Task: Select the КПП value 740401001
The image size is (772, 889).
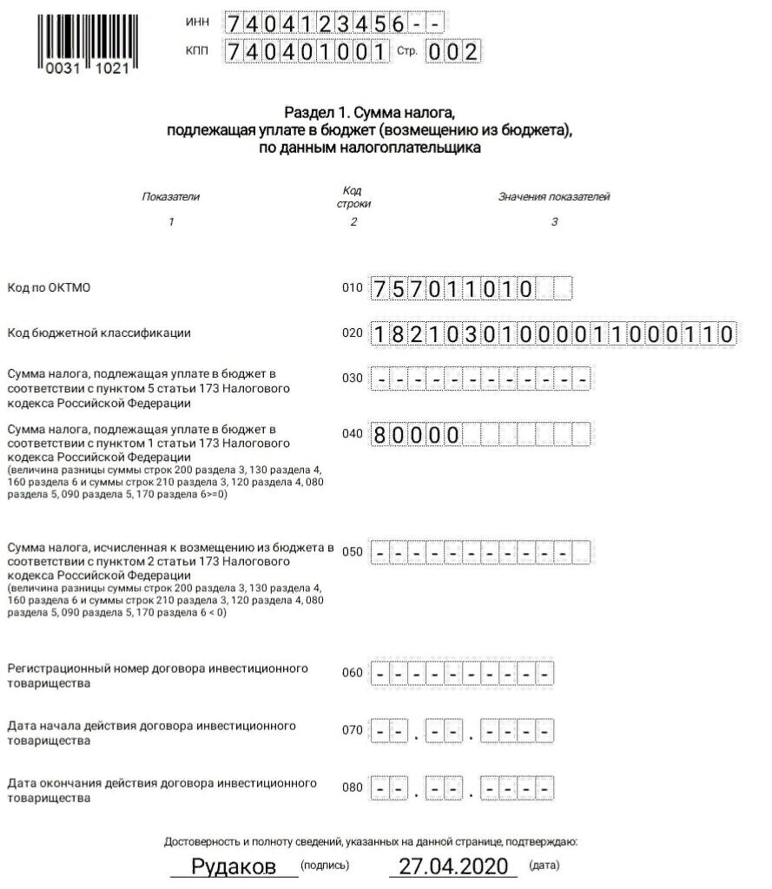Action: point(306,51)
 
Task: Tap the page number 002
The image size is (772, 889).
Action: point(452,51)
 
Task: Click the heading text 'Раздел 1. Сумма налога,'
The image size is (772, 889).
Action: point(370,113)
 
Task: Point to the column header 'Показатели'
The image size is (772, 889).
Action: point(171,197)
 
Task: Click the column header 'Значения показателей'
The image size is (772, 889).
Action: point(554,197)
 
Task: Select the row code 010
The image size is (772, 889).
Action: point(353,288)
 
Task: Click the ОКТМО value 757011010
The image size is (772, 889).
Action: point(452,288)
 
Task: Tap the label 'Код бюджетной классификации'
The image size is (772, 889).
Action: point(99,333)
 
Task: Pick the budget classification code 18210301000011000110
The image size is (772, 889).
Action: point(553,333)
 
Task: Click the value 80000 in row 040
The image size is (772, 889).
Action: point(416,434)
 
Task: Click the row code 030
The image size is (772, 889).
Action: point(353,379)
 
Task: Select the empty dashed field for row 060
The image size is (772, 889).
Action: point(462,673)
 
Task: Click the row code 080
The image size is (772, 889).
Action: point(353,788)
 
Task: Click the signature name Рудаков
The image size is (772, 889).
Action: point(234,866)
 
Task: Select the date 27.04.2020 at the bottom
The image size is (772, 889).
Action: point(452,866)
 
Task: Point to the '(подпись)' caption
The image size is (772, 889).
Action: point(325,866)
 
